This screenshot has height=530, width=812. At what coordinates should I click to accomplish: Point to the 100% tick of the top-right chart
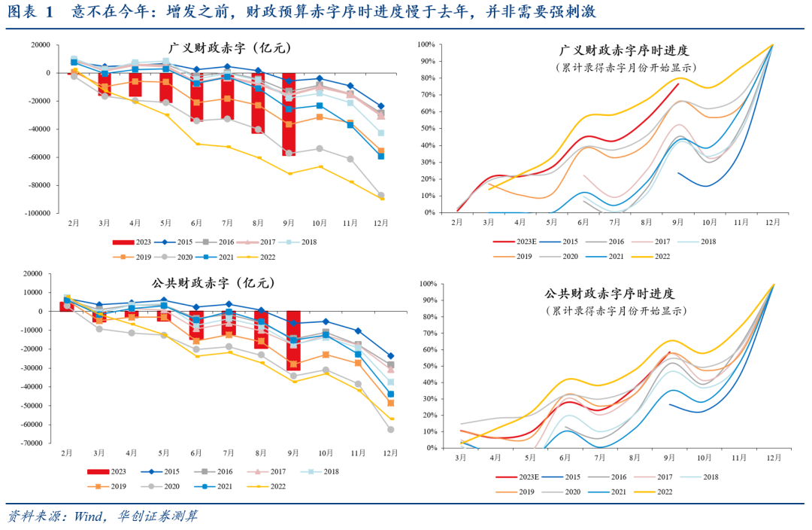426,45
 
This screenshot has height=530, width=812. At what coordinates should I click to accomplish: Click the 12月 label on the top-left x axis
382,223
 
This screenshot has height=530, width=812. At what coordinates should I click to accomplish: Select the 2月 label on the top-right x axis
457,223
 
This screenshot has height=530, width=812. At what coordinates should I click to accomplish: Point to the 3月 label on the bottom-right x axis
460,458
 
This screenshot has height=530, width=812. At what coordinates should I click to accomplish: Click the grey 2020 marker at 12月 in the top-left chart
380,195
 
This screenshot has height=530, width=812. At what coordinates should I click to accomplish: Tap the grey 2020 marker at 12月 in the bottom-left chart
391,429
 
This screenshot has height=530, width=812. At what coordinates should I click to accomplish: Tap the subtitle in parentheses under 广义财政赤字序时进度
625,67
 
